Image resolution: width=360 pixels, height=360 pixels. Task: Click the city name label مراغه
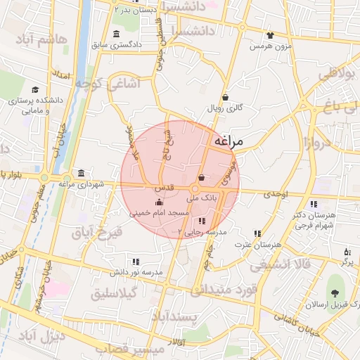click(226, 141)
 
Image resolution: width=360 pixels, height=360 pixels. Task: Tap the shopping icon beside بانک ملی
click(202, 178)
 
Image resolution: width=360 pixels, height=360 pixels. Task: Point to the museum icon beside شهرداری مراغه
click(82, 173)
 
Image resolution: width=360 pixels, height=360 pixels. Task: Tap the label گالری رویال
click(225, 108)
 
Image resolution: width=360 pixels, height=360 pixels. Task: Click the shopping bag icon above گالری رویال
click(225, 98)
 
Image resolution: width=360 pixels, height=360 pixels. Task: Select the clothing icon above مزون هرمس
click(271, 35)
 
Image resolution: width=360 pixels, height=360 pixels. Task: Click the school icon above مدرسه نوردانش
click(136, 262)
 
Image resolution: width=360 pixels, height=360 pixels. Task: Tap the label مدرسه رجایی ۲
click(202, 231)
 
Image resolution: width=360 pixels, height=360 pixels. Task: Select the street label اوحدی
click(275, 194)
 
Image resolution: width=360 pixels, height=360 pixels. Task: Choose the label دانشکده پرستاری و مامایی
click(36, 105)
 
